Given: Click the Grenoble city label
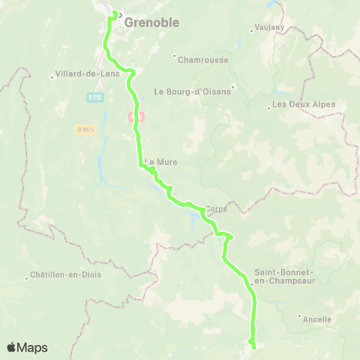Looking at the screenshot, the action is (151, 22).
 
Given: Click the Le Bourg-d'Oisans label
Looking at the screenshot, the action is (193, 91).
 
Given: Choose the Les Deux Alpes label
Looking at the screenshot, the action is (304, 104).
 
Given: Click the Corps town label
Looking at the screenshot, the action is (216, 209).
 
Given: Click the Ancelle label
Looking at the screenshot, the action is (317, 319).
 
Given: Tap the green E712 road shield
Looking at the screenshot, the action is (94, 97).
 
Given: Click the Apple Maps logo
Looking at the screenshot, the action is (27, 347).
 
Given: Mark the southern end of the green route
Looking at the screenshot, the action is (253, 346).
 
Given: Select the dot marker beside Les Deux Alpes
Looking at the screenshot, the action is (269, 108).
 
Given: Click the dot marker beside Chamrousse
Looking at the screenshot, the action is (174, 55).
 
